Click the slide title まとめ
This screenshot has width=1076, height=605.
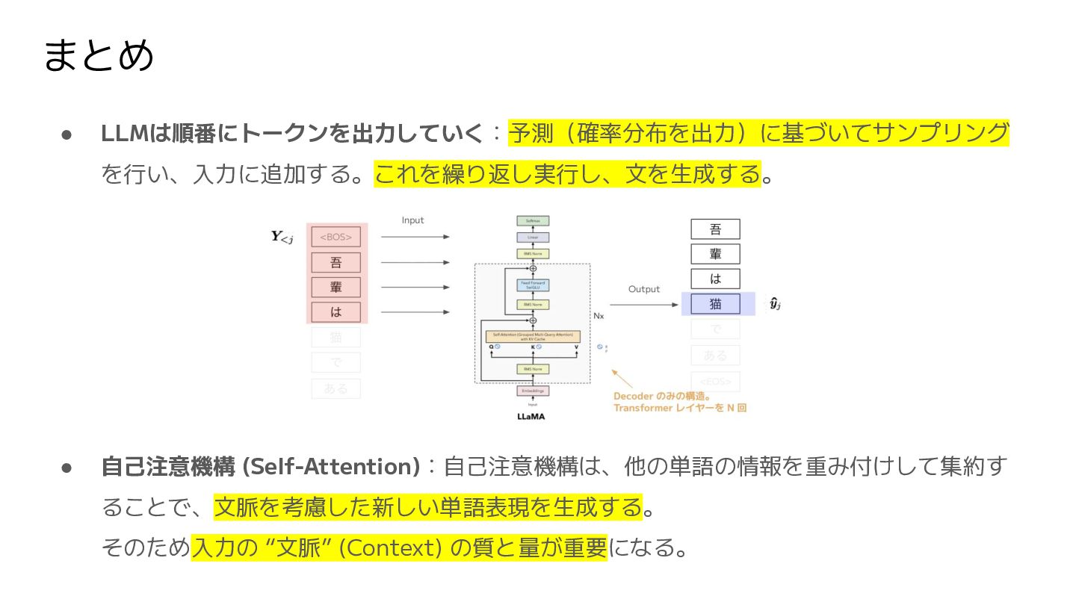click(x=99, y=56)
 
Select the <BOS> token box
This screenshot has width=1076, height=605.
click(x=336, y=238)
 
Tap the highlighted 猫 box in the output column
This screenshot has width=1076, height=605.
click(x=715, y=304)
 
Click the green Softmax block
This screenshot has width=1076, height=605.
click(x=533, y=221)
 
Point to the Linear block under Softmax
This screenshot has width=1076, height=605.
click(x=533, y=238)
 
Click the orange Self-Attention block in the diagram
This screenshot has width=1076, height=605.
click(x=533, y=337)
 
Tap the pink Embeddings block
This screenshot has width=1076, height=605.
click(x=533, y=391)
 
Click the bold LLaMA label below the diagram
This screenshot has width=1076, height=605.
click(x=531, y=416)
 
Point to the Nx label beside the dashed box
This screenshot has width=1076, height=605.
click(x=599, y=316)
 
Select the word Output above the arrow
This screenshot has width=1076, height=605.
click(x=643, y=289)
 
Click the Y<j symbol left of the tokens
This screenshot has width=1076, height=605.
click(x=282, y=238)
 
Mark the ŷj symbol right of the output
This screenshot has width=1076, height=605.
click(x=776, y=304)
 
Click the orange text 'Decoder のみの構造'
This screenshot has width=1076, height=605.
click(x=661, y=396)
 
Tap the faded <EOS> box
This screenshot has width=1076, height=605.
click(x=715, y=381)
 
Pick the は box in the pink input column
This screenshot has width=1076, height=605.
click(x=336, y=311)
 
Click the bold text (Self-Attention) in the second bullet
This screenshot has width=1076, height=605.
click(x=333, y=467)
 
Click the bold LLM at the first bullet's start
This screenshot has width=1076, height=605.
click(x=125, y=134)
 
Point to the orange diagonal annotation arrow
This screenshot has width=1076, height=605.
click(x=622, y=378)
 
